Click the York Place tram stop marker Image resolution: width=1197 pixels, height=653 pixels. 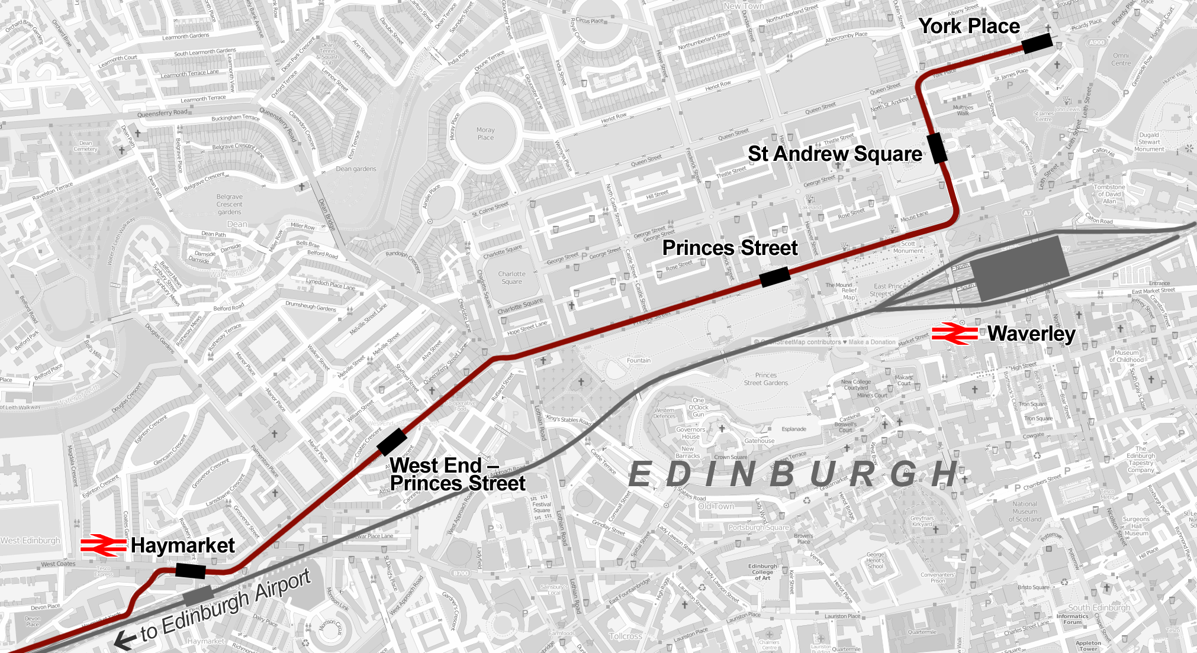1037,43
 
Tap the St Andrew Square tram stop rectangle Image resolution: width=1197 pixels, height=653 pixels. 937,148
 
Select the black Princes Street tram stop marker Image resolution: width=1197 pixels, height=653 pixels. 775,277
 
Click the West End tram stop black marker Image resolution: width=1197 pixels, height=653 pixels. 391,442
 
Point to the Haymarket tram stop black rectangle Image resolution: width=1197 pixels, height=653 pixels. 191,570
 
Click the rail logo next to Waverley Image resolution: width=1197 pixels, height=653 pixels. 954,334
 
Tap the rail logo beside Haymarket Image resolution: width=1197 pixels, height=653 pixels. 104,545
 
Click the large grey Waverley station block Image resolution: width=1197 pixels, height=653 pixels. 1019,268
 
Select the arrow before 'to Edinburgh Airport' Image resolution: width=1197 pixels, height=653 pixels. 125,640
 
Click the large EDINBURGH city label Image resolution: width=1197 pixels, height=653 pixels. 793,474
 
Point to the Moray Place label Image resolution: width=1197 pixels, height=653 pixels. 485,134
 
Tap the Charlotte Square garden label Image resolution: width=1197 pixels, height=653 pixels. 511,277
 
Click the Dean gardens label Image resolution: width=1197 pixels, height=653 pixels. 356,169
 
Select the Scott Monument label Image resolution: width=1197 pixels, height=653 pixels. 908,247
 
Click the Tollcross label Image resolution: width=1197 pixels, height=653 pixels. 625,636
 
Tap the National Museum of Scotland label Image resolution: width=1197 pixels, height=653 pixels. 1025,512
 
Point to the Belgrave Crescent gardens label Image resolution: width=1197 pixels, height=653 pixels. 229,204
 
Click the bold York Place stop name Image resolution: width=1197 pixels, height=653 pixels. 969,27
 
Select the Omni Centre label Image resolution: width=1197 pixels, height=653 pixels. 1121,59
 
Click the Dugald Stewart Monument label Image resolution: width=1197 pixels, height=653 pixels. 1149,142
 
